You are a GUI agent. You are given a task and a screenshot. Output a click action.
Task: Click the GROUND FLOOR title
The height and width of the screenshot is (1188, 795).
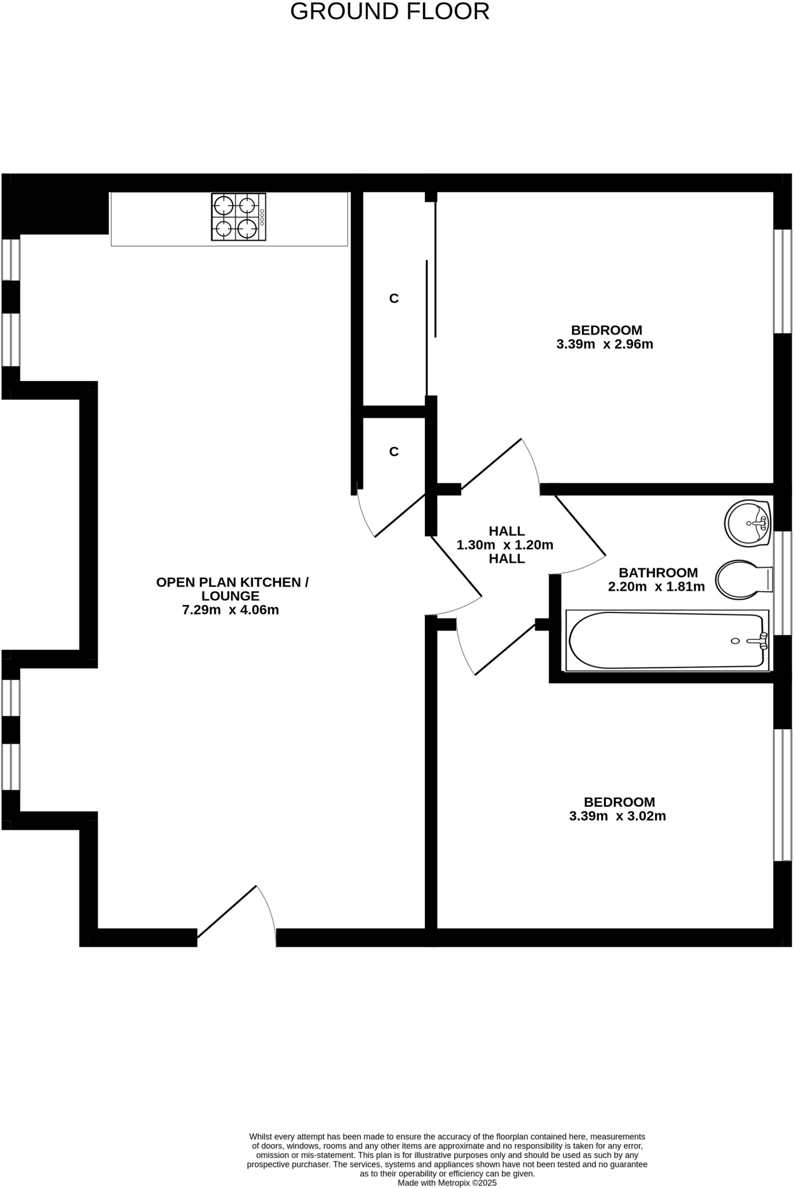[x=389, y=12]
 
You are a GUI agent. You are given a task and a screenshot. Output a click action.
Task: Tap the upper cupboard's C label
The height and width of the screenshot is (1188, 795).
[x=394, y=299]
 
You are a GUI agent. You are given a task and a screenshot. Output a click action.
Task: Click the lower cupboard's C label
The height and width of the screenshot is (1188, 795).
[x=394, y=452]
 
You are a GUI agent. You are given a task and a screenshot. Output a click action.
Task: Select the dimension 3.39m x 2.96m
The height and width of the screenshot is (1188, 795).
[x=605, y=345]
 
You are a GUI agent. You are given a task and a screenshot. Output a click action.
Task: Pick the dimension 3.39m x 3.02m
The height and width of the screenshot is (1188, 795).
[x=617, y=817]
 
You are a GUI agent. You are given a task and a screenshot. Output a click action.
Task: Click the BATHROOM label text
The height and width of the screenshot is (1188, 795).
[x=658, y=573]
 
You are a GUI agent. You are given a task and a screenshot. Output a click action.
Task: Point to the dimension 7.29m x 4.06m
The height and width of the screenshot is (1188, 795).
[x=230, y=610]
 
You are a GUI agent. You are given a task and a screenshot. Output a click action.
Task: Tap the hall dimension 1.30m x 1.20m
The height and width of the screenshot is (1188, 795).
[x=505, y=545]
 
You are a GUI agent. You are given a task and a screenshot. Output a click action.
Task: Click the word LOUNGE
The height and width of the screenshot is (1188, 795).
[x=230, y=596]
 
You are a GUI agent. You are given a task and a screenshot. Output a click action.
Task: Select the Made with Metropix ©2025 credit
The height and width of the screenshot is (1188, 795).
[x=447, y=1183]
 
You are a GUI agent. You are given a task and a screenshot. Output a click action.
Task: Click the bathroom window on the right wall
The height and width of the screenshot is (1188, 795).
[x=783, y=582]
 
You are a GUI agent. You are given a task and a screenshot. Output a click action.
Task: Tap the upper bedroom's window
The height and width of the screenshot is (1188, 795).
[x=783, y=281]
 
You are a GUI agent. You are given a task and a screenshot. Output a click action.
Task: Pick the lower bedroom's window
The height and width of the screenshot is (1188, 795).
[x=783, y=795]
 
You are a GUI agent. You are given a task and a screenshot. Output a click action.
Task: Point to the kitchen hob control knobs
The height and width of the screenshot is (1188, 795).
[x=262, y=217]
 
